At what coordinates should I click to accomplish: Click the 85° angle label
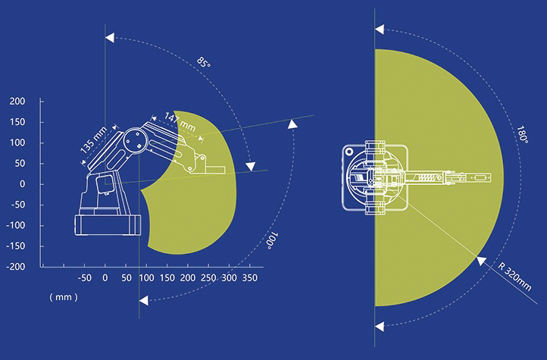point(204,62)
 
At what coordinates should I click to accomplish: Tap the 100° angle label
point(273,241)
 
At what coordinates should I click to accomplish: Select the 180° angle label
point(522,134)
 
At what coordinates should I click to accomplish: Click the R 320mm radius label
point(514,277)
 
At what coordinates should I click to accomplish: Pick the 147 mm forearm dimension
point(180,122)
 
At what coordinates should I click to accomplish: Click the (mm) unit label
point(64,297)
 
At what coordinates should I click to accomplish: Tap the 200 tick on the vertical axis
point(17,102)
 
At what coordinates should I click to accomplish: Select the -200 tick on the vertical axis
point(16,267)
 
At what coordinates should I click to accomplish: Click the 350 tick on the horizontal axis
point(250,278)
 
